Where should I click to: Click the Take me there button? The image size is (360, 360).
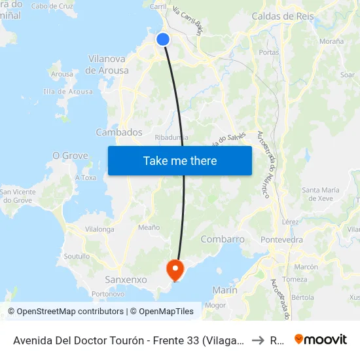180,160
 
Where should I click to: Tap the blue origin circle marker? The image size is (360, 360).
163,39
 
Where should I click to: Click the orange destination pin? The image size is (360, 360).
175,269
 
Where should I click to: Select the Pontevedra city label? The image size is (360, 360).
281,240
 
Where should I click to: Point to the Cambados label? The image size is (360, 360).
119,132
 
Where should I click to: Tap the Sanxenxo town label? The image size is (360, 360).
126,279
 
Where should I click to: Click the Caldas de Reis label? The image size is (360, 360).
283,16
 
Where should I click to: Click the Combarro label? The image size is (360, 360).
223,240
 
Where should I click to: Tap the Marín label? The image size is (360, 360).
225,290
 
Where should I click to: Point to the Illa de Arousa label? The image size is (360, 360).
68,92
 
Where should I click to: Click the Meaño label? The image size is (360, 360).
149,227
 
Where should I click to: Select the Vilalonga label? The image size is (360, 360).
99,230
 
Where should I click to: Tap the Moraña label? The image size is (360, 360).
332,41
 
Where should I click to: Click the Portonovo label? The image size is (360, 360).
108,294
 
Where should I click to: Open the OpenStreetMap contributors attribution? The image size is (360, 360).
67,312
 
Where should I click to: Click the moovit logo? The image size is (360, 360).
321,339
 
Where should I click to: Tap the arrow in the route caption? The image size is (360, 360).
257,340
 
